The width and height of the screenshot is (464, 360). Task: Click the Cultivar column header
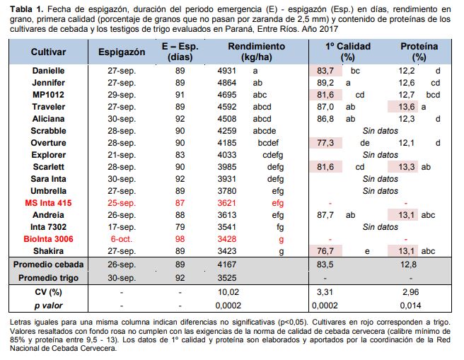(49, 53)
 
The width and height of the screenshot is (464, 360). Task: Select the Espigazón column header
(122, 53)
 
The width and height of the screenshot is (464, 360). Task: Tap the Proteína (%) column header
(419, 52)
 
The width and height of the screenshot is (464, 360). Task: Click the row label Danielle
(49, 71)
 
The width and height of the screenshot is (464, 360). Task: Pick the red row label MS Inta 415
(49, 203)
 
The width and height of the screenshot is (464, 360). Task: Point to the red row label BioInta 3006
(49, 239)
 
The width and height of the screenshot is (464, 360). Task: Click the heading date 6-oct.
(122, 239)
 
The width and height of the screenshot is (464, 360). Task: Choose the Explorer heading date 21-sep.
(122, 155)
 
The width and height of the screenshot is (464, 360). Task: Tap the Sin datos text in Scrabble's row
(380, 131)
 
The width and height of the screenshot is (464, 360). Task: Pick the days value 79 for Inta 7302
(180, 227)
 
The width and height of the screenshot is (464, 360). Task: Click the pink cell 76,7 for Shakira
(325, 251)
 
